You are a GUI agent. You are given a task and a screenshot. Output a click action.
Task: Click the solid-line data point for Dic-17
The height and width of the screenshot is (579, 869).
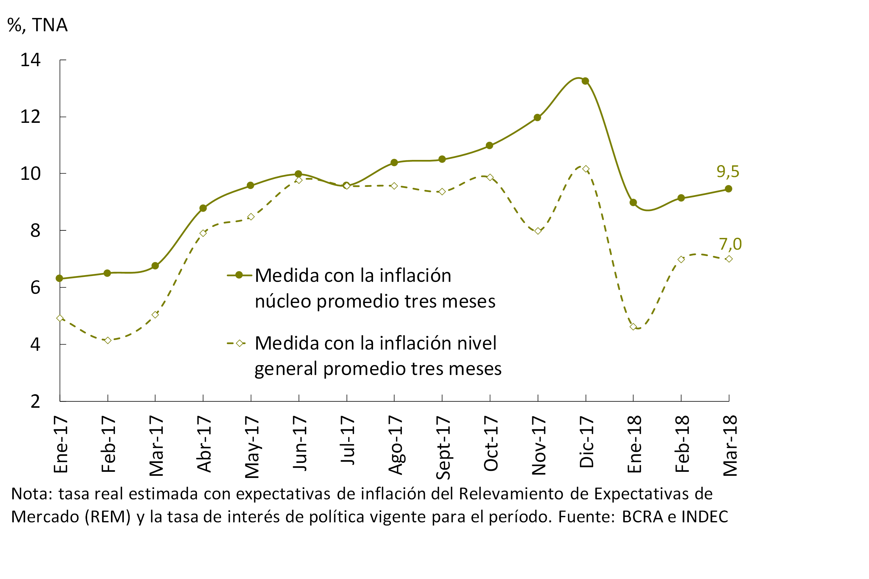585,81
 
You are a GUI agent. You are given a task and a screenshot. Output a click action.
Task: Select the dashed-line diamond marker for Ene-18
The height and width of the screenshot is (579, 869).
633,327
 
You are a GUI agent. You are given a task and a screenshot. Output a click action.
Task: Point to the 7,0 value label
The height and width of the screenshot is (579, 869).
730,244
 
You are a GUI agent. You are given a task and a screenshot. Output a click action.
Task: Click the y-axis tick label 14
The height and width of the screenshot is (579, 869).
30,60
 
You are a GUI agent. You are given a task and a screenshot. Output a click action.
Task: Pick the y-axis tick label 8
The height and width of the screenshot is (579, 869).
35,231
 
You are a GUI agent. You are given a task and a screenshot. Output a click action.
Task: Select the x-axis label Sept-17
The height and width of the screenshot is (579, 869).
443,448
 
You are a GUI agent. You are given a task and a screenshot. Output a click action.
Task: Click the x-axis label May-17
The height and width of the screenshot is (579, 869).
252,447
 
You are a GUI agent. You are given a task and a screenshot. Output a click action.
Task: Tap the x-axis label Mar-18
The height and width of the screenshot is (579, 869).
730,446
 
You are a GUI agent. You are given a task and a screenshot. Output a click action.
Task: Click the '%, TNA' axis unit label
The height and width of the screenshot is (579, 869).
37,25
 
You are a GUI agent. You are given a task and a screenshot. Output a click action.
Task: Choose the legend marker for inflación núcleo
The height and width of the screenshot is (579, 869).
239,275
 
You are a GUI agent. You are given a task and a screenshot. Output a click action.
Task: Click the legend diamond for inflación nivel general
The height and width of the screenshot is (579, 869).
239,343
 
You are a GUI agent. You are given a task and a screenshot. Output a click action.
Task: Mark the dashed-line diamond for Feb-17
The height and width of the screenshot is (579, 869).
108,340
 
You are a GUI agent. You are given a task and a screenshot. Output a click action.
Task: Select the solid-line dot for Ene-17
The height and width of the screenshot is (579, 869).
59,278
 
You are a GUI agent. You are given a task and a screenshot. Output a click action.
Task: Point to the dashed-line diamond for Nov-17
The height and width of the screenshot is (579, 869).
538,231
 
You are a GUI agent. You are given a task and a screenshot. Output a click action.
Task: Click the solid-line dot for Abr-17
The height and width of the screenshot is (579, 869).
203,208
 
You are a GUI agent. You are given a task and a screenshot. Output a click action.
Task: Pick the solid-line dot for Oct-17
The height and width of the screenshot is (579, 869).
490,146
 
